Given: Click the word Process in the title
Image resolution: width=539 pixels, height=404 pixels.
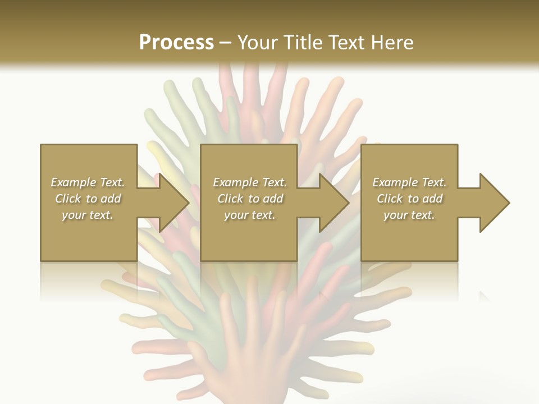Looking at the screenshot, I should [x=176, y=43].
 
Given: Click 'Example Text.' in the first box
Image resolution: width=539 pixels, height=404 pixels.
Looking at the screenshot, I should [x=88, y=182].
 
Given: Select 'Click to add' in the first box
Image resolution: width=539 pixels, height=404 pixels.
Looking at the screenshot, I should [x=88, y=199].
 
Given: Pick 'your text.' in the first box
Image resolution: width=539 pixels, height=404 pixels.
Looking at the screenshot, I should [x=88, y=215].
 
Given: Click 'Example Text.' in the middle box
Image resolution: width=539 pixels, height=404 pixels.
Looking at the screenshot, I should [x=250, y=182].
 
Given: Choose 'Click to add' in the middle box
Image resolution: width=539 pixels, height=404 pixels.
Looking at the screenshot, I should [x=250, y=199].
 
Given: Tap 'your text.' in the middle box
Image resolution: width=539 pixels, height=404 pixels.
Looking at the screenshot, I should [x=250, y=215].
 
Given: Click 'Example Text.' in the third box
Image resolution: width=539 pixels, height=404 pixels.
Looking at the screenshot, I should [x=409, y=182].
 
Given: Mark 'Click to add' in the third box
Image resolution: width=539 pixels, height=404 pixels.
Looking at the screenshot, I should [x=409, y=199].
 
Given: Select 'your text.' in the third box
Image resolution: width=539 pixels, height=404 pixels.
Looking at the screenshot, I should [x=409, y=215].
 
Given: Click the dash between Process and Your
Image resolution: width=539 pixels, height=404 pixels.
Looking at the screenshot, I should [x=225, y=43].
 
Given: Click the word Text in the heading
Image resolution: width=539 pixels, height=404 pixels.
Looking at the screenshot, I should [x=346, y=43].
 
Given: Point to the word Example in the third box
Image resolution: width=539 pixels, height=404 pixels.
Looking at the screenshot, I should [x=395, y=182].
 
